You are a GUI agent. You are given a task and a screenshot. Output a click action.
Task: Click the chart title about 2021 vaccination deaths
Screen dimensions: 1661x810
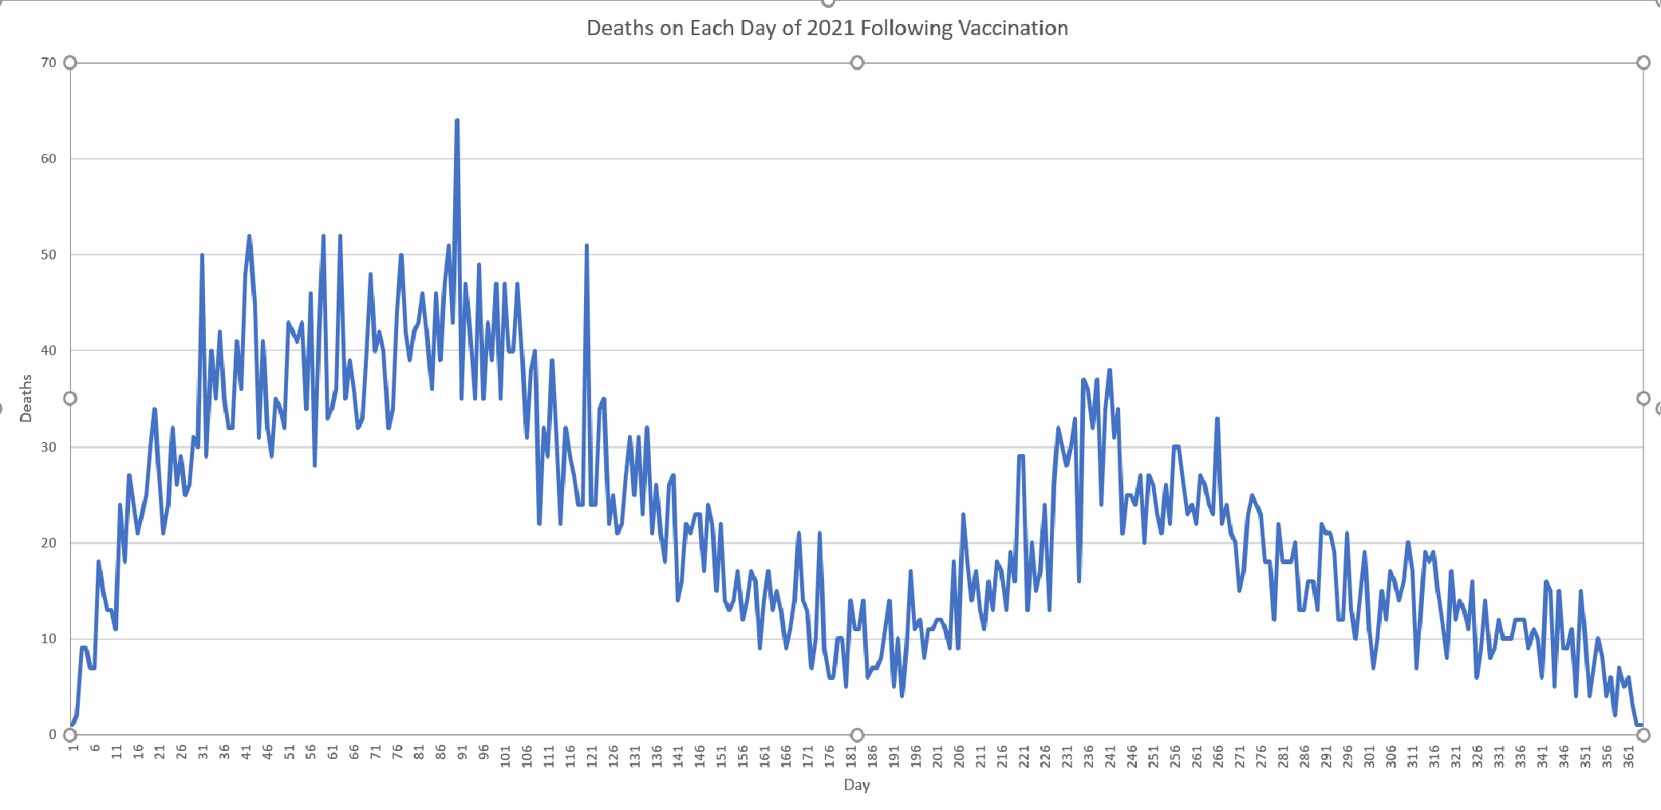pos(827,28)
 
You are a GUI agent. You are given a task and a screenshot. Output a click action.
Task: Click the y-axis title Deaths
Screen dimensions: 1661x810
pos(26,398)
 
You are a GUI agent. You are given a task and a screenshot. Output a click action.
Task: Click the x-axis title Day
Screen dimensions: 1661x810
pos(857,784)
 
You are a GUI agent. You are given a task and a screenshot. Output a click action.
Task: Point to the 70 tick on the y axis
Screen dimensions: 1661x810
pos(49,62)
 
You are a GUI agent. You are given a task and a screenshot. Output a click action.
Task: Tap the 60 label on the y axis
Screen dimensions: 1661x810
pos(49,158)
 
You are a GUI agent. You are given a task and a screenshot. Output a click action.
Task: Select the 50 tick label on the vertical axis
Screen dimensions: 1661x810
pos(49,255)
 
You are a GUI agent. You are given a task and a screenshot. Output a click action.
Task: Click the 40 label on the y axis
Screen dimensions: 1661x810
pos(49,350)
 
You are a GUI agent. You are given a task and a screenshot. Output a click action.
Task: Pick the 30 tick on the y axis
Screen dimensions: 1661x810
pos(49,447)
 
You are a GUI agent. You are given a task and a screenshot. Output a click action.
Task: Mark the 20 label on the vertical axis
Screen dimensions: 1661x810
pos(49,543)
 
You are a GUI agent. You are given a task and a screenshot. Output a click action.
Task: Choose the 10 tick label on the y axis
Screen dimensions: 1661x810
pos(49,638)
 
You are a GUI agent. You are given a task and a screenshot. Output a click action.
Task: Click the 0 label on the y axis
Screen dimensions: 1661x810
pos(53,734)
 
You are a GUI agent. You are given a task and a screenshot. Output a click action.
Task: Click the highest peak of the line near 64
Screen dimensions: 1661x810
pos(457,121)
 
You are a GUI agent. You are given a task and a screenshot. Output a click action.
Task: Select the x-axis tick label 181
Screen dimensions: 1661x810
pos(851,756)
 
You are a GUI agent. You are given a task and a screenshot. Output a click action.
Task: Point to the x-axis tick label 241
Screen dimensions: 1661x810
pos(1111,756)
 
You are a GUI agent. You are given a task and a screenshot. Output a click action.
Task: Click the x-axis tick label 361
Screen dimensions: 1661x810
pos(1629,756)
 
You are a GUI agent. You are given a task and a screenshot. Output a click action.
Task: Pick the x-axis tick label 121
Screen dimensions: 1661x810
pos(592,756)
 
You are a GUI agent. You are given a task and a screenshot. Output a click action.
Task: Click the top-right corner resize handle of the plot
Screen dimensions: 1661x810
pos(1643,62)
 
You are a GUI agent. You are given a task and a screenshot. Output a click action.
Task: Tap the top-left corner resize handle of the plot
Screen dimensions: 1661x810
pos(70,62)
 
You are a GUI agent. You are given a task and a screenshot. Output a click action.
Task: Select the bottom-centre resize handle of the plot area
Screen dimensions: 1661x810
pos(857,734)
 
